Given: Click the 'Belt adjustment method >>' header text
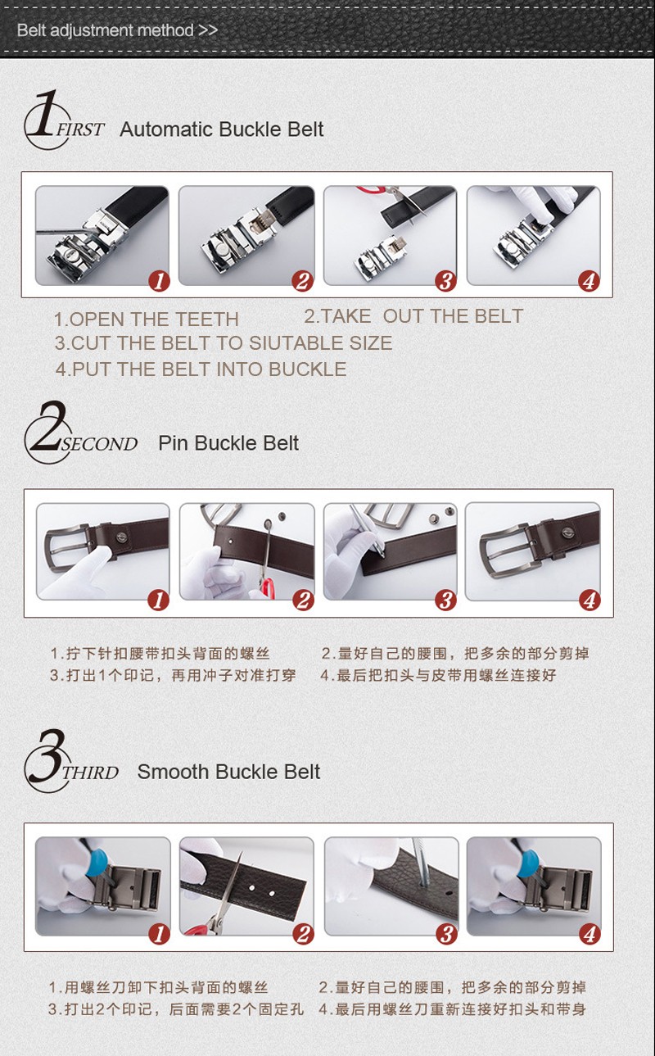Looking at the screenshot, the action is [x=117, y=30].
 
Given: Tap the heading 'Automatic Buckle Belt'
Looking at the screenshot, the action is [x=222, y=129].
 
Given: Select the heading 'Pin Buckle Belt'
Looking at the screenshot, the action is [x=228, y=443].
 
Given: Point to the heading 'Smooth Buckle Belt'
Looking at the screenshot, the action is [x=228, y=772].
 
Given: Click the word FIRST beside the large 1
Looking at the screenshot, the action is [x=80, y=129].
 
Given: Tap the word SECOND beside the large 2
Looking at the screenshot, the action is [x=99, y=444].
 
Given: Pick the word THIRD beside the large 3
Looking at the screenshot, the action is [x=90, y=773].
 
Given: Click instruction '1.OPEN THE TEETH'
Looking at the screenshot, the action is [x=146, y=320].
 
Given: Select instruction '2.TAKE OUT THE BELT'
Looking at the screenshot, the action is [x=413, y=316].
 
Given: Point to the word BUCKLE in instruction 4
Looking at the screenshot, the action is [x=308, y=369].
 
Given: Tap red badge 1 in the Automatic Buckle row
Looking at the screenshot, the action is [x=159, y=281].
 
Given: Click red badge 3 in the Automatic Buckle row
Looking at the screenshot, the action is [x=445, y=281].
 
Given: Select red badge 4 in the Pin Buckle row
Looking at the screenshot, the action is [x=589, y=601].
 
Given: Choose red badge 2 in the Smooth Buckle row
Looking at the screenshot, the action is [x=303, y=934].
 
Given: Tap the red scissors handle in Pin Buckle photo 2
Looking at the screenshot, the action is [x=267, y=588].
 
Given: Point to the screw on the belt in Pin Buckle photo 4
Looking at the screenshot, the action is [x=567, y=533].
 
